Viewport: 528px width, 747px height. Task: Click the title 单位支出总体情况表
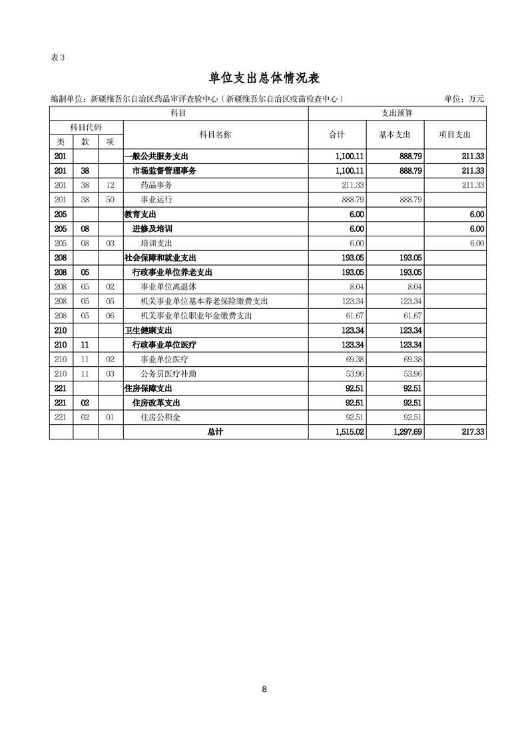[264, 78]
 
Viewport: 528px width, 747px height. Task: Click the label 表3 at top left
[57, 57]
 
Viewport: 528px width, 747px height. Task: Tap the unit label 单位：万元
[464, 99]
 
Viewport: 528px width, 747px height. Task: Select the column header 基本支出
[395, 134]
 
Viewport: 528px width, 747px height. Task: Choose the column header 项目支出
[455, 134]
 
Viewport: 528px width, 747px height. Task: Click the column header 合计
[338, 134]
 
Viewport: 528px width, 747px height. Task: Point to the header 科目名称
[215, 134]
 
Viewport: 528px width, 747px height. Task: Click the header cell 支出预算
[397, 114]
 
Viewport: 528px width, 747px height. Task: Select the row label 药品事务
[156, 185]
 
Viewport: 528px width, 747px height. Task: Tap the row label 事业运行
[156, 200]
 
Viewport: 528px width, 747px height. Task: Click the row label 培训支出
[156, 244]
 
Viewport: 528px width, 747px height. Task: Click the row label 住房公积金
[160, 417]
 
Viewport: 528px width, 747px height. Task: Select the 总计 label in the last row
[215, 432]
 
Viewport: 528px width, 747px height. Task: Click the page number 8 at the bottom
[264, 689]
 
